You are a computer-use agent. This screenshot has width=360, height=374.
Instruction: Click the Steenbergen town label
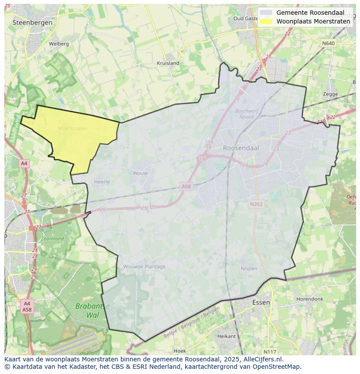click(33, 22)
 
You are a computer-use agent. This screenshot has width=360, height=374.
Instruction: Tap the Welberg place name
click(59, 44)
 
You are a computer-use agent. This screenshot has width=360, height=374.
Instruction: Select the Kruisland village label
click(168, 63)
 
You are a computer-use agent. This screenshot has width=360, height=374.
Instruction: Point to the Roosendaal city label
click(241, 148)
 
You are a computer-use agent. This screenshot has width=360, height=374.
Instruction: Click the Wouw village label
click(140, 173)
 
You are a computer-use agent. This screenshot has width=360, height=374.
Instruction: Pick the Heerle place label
click(102, 182)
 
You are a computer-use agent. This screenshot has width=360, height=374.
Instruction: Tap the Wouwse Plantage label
click(144, 267)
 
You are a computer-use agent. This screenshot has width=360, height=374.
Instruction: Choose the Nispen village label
click(249, 268)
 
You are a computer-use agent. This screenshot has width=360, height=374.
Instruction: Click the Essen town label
click(261, 302)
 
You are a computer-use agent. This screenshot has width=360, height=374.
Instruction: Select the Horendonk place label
click(310, 299)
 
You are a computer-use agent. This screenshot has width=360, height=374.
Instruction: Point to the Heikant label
click(226, 336)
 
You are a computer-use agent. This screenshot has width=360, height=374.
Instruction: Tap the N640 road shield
click(328, 43)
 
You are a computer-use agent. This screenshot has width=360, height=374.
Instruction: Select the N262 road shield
click(257, 204)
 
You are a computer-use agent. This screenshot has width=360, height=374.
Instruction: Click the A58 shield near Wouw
click(186, 186)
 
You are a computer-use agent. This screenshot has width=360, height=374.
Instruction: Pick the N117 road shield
click(270, 351)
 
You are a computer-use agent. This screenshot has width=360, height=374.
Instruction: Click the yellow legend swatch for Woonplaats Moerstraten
click(267, 21)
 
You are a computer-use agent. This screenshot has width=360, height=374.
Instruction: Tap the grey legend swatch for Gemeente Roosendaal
click(267, 13)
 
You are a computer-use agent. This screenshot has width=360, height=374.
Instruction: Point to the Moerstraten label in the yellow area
click(73, 128)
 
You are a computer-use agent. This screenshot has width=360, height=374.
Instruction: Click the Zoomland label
click(52, 238)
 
